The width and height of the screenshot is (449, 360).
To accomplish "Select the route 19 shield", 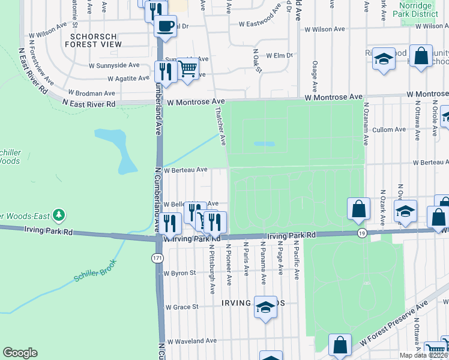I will pos(361,232).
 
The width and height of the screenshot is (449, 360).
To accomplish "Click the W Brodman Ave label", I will pos(91,93).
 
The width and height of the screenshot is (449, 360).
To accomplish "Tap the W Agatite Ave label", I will pos(128,78).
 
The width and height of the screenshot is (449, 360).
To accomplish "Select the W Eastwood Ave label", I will pos(260,25).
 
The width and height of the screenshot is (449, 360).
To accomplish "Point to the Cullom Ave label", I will pos(390,130).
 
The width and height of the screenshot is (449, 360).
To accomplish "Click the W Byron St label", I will pos(179,273).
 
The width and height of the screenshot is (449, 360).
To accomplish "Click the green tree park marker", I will pos(58,215).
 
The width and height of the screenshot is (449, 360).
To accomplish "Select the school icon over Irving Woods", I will pos(264,307).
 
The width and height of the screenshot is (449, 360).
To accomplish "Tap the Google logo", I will pos(20,353).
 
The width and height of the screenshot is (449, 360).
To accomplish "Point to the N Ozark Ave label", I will pos(382,207).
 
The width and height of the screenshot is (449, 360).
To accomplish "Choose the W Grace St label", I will pos(181,307).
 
